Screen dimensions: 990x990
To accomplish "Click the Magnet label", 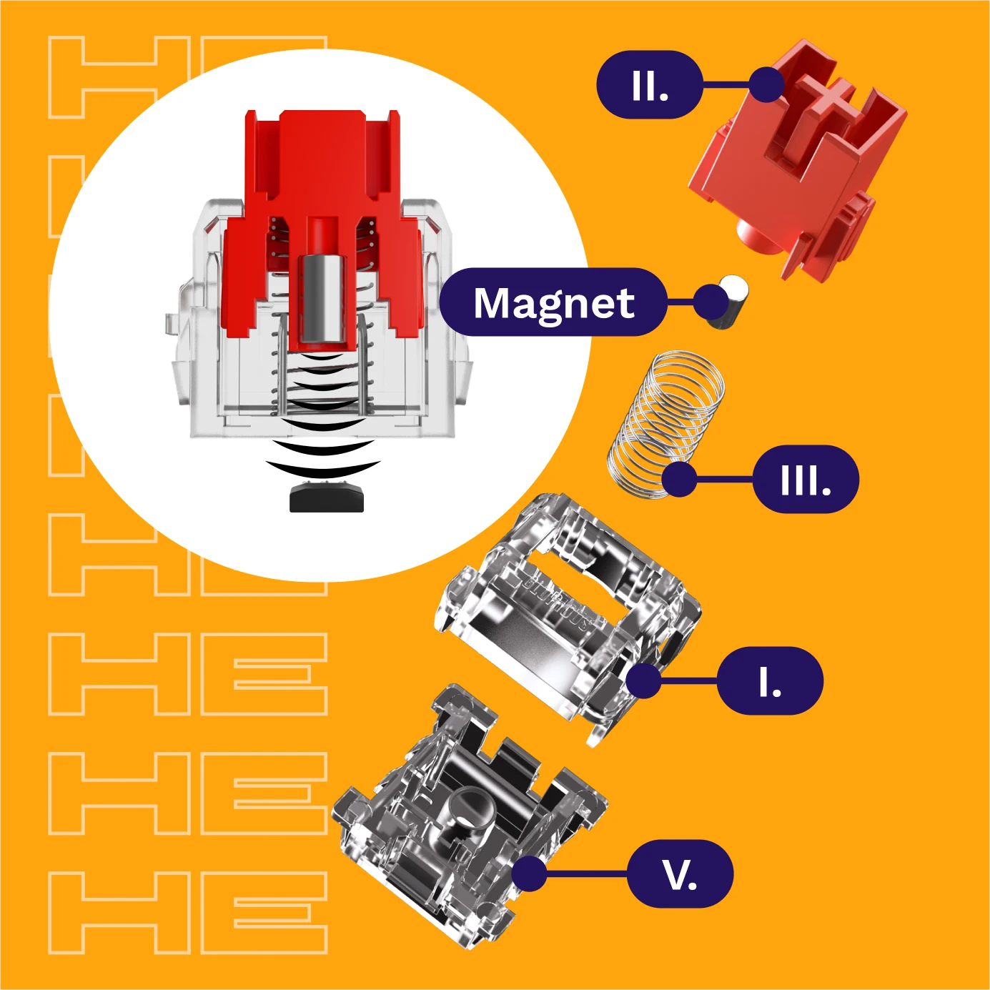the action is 553,302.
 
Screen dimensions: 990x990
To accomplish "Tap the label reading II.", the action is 649,85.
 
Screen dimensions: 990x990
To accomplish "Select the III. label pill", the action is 806,479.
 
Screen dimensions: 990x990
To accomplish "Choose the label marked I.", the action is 770,680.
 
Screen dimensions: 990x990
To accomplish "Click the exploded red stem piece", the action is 797,159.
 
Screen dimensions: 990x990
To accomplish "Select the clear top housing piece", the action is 568,619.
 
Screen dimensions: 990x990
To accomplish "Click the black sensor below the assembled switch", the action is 327,497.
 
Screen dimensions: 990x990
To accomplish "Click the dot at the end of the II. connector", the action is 766,84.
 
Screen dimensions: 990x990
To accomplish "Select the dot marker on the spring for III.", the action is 679,479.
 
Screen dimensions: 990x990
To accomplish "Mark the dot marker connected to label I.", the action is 643,680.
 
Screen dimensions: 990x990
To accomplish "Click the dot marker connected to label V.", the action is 529,874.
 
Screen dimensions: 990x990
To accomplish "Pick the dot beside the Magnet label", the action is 711,302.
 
